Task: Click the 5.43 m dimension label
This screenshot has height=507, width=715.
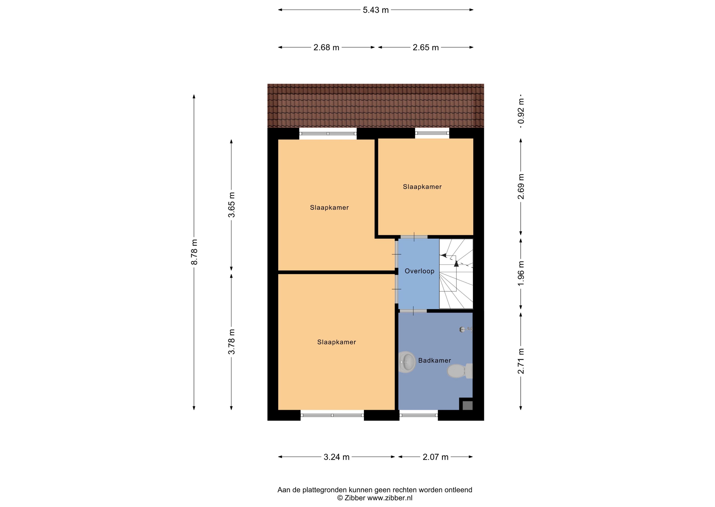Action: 376,10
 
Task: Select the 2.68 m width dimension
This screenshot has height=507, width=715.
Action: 326,47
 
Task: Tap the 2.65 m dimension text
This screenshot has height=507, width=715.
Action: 426,47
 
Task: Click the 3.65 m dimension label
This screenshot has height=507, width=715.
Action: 231,205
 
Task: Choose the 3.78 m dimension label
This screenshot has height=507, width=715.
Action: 231,342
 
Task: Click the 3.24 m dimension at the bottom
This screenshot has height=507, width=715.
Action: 336,457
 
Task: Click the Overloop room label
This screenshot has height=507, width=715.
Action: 419,271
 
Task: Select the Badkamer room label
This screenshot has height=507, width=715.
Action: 435,360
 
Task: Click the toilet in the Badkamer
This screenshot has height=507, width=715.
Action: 460,371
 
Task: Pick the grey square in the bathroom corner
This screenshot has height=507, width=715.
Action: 467,405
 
